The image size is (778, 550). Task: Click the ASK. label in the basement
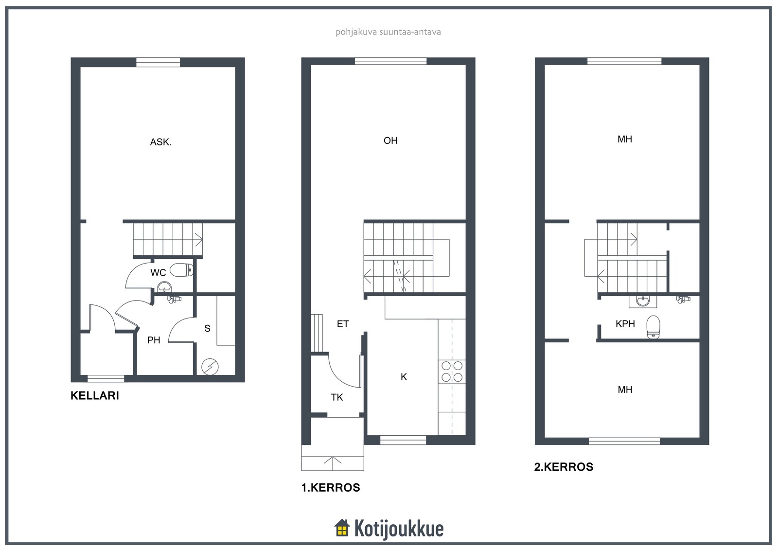160,142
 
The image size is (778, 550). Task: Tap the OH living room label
390,141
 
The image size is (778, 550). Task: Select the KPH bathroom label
625,323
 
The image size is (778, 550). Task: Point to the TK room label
337,397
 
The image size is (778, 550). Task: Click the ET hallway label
343,324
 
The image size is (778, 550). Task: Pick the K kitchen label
404,376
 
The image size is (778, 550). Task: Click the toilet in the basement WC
181,270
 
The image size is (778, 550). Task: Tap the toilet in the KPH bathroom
654,327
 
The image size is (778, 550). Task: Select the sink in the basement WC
164,287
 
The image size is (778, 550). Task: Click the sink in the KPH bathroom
643,301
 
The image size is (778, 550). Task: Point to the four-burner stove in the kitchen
452,371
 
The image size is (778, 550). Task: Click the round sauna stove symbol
210,367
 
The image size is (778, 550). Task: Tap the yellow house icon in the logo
342,528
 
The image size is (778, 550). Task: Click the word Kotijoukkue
399,529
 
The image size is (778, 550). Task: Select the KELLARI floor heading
95,395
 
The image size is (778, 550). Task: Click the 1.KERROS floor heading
331,487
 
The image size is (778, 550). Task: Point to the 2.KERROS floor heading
564,467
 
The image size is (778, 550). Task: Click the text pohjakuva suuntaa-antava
389,32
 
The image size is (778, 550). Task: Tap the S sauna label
207,328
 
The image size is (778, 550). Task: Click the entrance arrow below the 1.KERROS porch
333,463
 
